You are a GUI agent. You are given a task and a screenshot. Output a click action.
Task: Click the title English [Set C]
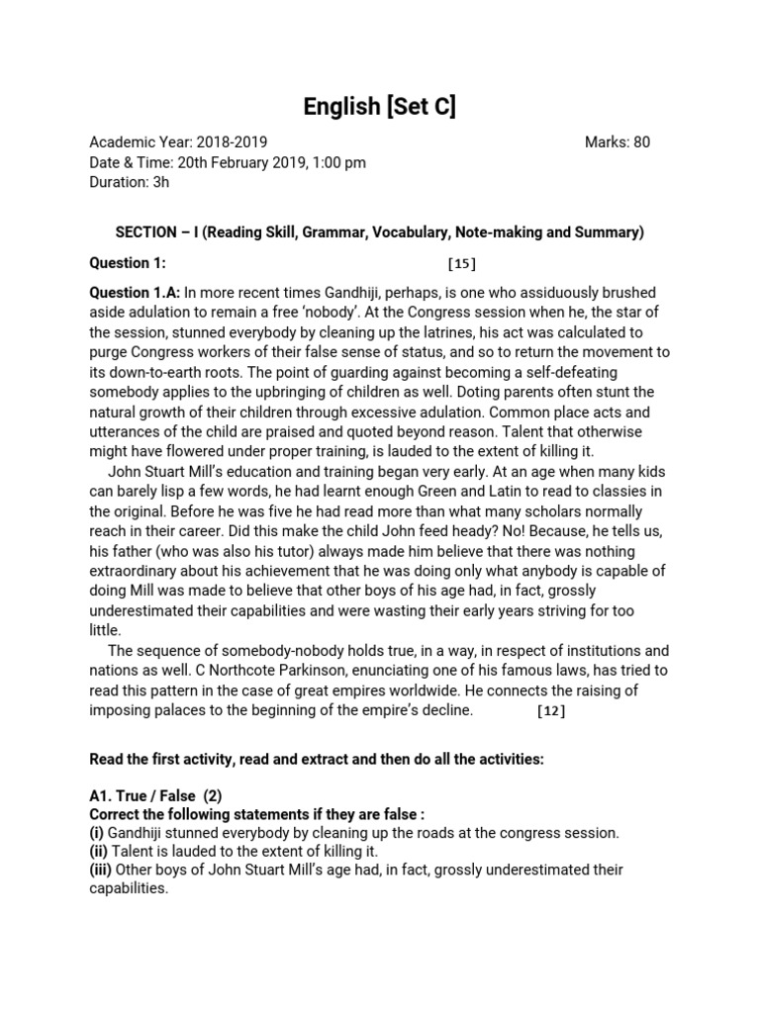380,107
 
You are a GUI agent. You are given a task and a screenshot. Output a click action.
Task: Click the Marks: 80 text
617,142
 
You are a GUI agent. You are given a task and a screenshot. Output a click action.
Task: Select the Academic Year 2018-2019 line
178,142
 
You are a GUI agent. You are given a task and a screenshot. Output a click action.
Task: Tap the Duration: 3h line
130,182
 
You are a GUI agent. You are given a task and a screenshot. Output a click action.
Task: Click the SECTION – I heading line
380,232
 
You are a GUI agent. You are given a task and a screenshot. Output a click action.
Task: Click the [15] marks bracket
462,263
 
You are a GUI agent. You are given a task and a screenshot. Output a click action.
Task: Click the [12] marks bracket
551,711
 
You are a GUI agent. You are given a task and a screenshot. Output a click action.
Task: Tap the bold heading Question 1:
128,263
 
